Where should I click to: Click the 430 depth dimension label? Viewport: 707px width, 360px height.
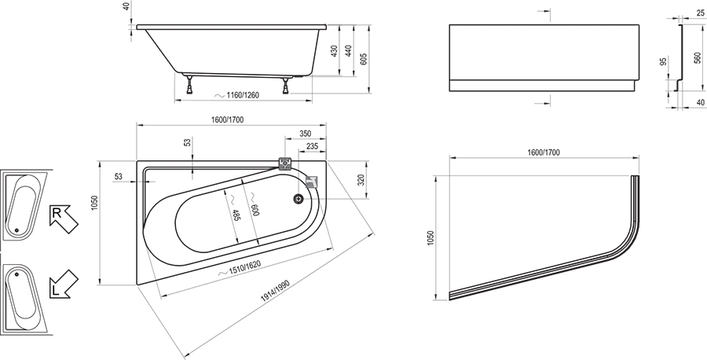(x=335, y=50)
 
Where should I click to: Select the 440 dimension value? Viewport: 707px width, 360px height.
(x=349, y=50)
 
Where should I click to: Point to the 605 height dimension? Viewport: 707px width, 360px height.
(x=364, y=59)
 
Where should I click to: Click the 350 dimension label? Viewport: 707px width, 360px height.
(x=306, y=134)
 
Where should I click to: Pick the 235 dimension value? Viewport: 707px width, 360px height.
(x=312, y=146)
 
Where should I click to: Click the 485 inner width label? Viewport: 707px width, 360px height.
(x=236, y=215)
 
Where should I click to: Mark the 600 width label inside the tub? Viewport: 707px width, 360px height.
(x=255, y=210)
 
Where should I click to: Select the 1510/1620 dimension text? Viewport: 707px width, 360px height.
(x=246, y=268)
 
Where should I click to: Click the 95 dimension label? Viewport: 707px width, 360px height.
(x=663, y=61)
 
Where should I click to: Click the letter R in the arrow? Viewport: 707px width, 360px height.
(x=57, y=213)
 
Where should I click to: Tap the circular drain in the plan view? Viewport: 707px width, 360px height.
(x=298, y=198)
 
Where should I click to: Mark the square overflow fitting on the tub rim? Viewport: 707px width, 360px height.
(x=285, y=163)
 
